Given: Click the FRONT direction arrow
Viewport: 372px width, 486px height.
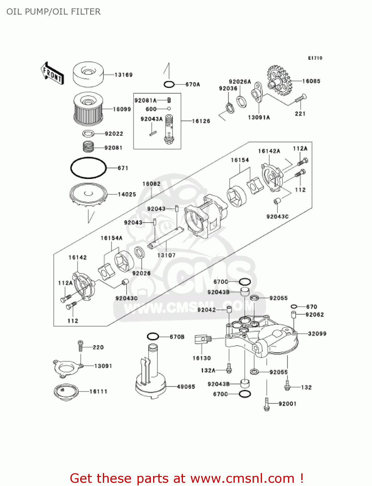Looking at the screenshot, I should coord(52,74).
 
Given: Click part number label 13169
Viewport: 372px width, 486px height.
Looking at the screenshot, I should coord(124,75).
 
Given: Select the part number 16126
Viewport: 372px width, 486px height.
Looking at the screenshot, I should coord(201,121).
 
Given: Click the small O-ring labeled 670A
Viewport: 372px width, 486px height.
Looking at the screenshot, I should coord(169,85).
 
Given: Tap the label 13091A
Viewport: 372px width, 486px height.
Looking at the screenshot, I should coord(259,118).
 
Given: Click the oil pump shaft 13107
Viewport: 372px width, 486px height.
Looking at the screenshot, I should coord(165,238).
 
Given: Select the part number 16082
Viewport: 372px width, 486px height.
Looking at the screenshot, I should coord(151,184).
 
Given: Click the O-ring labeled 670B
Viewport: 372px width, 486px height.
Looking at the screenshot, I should coord(153,337).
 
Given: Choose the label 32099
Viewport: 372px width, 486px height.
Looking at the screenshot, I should coord(317,334).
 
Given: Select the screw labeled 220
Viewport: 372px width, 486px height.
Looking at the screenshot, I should coord(81,346).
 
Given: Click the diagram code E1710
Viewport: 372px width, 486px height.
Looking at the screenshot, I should coord(315,58).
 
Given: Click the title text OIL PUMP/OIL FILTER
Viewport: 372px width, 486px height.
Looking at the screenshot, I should coord(54,12).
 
